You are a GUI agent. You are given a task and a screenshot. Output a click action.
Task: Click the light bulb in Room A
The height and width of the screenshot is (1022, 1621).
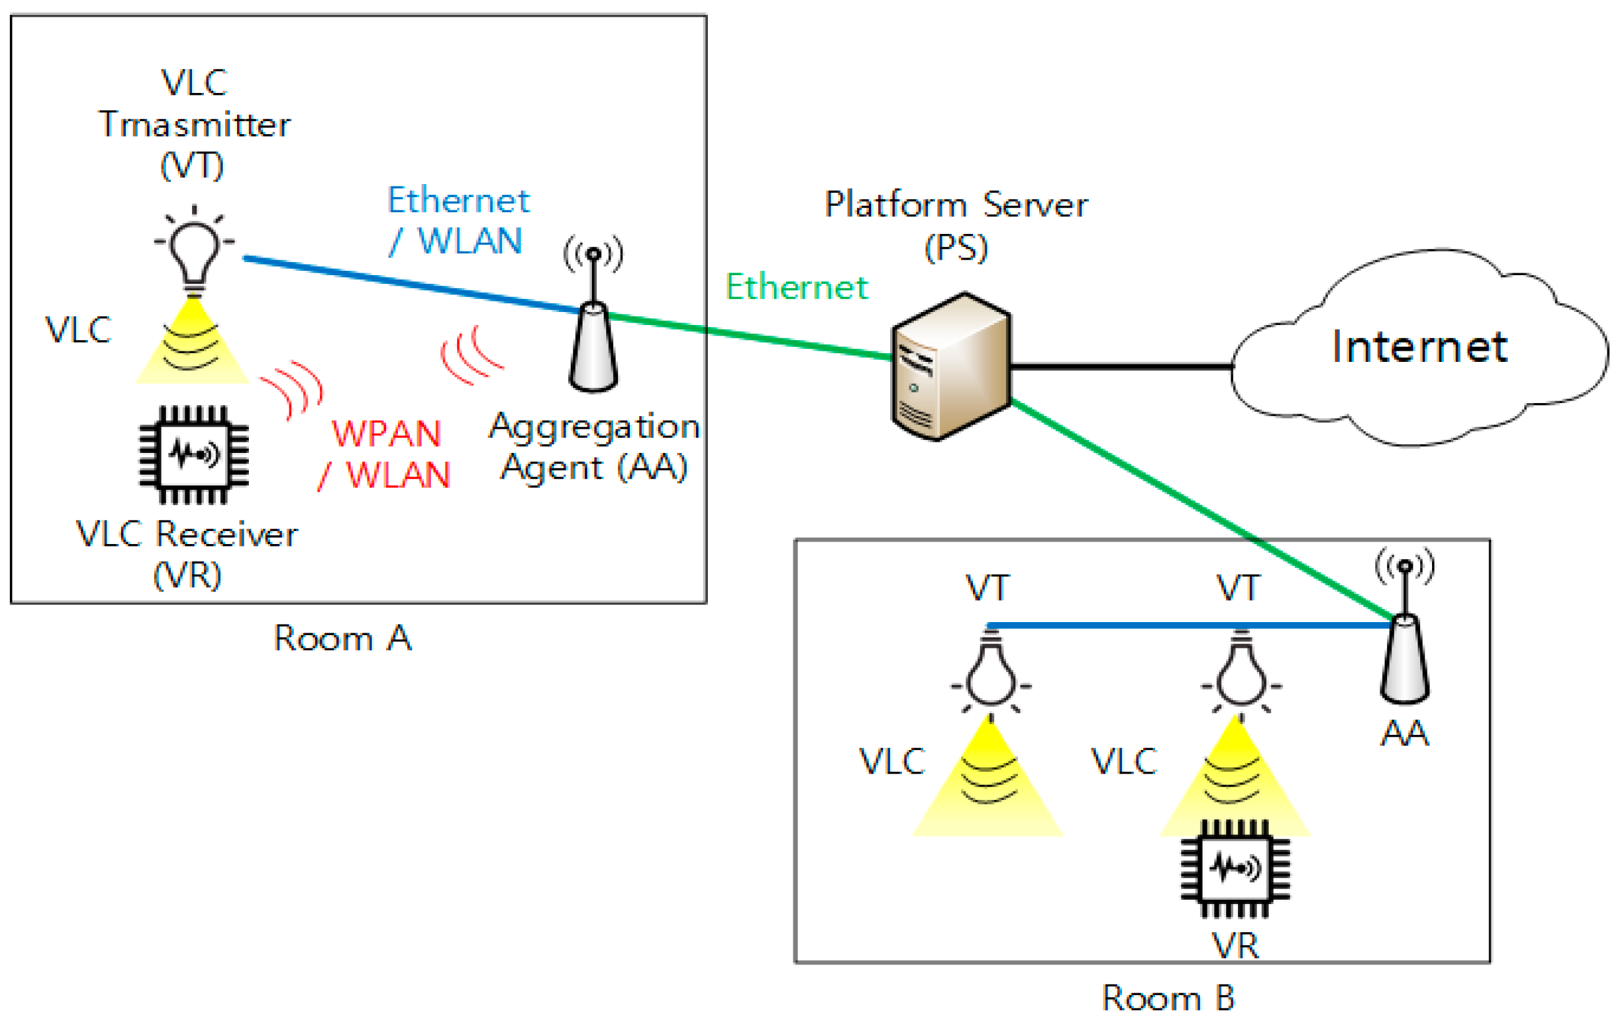[x=194, y=252]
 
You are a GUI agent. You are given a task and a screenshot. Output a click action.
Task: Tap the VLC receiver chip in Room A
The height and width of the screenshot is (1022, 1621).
[x=194, y=454]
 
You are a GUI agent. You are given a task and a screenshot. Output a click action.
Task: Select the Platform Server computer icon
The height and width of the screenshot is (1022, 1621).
[x=951, y=367]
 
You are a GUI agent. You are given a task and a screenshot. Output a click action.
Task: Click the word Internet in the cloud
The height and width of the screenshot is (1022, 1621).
[x=1419, y=348]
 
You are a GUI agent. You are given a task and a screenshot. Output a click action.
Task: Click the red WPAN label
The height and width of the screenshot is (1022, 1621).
[x=387, y=434]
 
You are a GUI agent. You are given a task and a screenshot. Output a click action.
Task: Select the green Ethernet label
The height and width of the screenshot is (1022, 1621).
[x=796, y=288]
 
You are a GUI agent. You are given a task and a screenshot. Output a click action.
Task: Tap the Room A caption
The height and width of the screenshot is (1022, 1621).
[x=342, y=638]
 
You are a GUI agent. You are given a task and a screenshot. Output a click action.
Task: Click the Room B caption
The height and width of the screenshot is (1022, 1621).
[x=1169, y=997]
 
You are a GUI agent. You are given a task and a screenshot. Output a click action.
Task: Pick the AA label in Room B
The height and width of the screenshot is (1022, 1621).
[x=1404, y=732]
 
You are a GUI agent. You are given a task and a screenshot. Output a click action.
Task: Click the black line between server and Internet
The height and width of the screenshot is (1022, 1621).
[x=1121, y=367]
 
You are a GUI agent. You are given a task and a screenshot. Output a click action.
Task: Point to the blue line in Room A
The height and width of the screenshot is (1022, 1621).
[x=410, y=284]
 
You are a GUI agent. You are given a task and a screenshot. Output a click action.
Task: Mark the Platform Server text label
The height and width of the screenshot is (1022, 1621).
[x=956, y=205]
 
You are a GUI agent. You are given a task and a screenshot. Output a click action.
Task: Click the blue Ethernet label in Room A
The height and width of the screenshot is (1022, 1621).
[x=458, y=201]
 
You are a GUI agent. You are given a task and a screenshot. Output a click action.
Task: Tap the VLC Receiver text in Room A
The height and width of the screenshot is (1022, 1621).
[x=186, y=535]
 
